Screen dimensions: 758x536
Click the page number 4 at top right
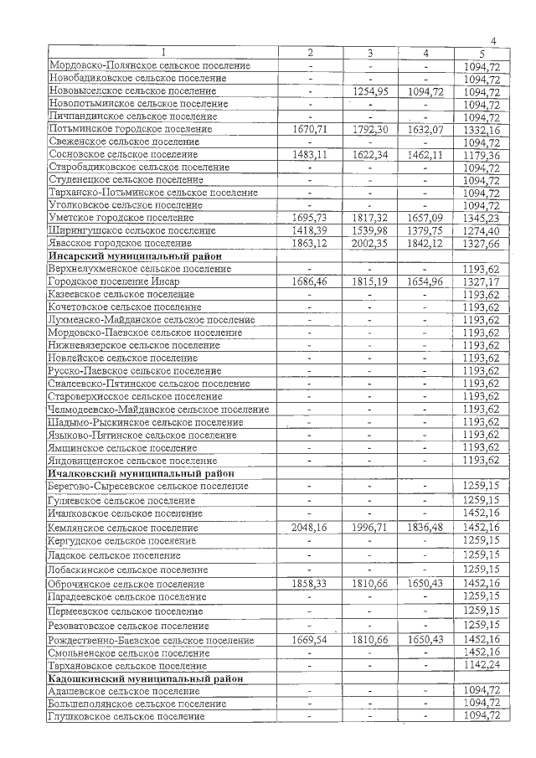[x=493, y=42]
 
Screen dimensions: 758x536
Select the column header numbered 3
[x=369, y=54]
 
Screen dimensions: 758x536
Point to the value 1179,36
[x=481, y=155]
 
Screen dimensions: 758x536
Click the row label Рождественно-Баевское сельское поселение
[x=152, y=639]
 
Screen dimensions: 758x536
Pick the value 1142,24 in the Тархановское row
[x=481, y=665]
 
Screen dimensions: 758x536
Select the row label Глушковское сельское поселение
[x=126, y=716]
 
